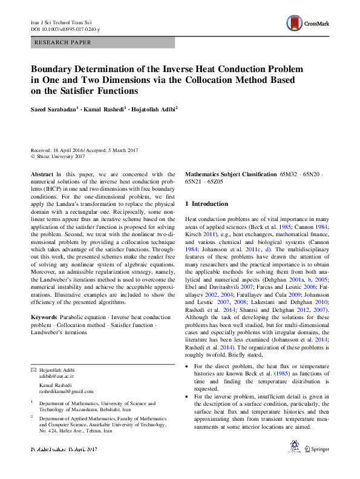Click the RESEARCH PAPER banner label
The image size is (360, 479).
tap(64, 42)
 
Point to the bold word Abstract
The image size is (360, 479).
tap(42, 174)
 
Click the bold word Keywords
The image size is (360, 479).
tap(44, 317)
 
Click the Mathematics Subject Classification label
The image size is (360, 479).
tap(231, 174)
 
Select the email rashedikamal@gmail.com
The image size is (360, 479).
tap(63, 392)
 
